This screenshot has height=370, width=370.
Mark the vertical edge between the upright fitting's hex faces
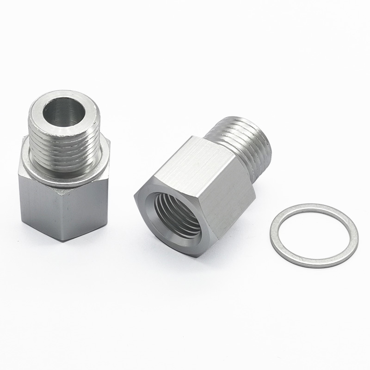tap(59, 213)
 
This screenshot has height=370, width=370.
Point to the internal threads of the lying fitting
tap(178, 217)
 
